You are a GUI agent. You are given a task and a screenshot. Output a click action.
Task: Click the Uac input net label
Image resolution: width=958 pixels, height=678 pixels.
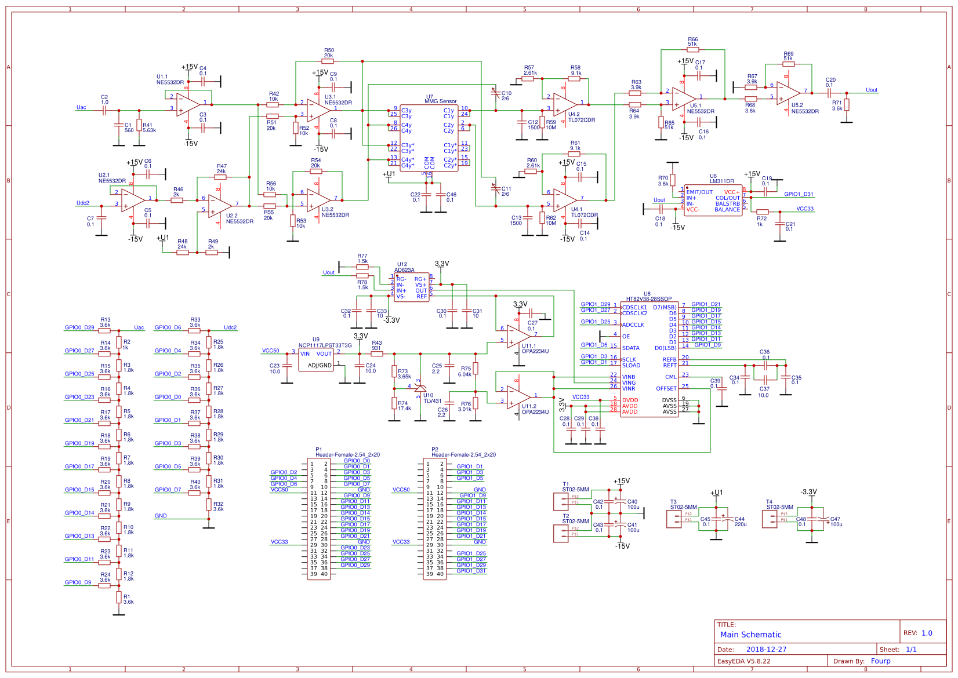(x=81, y=107)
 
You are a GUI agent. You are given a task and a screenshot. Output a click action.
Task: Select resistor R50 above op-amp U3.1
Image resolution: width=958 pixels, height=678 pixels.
(x=328, y=61)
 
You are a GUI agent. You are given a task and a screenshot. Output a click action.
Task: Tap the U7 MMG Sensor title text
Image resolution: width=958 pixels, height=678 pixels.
(x=441, y=101)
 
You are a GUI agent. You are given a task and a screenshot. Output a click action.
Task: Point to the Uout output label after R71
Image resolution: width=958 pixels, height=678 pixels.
(x=871, y=90)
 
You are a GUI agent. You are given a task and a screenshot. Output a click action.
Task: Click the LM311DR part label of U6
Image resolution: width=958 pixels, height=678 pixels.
(x=721, y=181)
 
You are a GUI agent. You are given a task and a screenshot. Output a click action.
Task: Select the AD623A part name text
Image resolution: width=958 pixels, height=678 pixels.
(x=404, y=270)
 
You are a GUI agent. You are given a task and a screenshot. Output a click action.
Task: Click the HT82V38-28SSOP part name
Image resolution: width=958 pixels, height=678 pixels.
(x=649, y=299)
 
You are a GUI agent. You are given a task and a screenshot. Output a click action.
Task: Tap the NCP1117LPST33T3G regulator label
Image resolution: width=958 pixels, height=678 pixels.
(x=325, y=345)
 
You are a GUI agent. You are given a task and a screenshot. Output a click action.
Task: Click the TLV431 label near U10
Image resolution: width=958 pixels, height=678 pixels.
(x=432, y=401)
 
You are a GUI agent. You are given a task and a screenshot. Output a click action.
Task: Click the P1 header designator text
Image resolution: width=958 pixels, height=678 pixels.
(x=318, y=449)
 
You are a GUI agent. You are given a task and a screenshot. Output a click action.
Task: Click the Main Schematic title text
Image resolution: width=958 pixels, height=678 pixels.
(x=750, y=635)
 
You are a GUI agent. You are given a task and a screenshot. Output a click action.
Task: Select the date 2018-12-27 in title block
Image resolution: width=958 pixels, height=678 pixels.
(x=766, y=649)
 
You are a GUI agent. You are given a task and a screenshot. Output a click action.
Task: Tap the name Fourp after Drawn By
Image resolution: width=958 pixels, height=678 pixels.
(x=880, y=661)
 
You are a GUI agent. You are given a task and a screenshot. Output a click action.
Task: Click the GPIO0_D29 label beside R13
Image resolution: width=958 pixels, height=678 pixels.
(x=79, y=327)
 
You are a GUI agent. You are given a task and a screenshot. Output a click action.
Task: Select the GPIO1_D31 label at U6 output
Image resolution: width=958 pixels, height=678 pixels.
(x=799, y=194)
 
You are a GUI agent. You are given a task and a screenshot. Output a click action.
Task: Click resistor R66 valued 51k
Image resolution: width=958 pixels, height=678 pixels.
(x=692, y=50)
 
